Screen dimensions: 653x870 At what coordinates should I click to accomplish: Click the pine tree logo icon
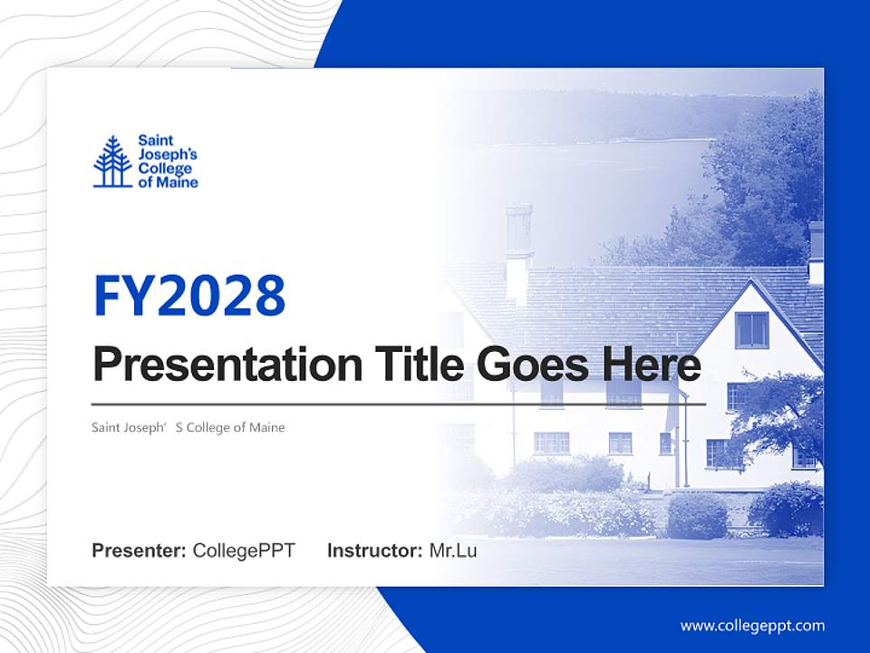[x=112, y=161]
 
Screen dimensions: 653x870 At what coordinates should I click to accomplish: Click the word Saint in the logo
[x=155, y=141]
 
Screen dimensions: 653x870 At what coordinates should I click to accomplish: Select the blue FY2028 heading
[x=189, y=296]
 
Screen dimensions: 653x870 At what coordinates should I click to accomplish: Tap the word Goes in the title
[x=533, y=365]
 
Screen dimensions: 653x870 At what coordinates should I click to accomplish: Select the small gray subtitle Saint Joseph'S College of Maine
[x=188, y=427]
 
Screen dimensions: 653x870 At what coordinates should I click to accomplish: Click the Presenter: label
[x=140, y=551]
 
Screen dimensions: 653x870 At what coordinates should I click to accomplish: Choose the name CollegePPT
[x=244, y=551]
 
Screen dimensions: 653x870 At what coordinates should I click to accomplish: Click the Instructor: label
[x=374, y=551]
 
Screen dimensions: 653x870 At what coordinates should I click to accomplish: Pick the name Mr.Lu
[x=453, y=551]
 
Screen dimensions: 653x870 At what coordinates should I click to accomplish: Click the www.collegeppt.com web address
[x=752, y=625]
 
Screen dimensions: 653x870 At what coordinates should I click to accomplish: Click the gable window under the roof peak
[x=751, y=329]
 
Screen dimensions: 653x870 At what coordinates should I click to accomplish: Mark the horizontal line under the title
[x=399, y=404]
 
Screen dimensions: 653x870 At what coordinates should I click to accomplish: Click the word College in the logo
[x=165, y=169]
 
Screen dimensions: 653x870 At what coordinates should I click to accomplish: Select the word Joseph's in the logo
[x=168, y=155]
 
